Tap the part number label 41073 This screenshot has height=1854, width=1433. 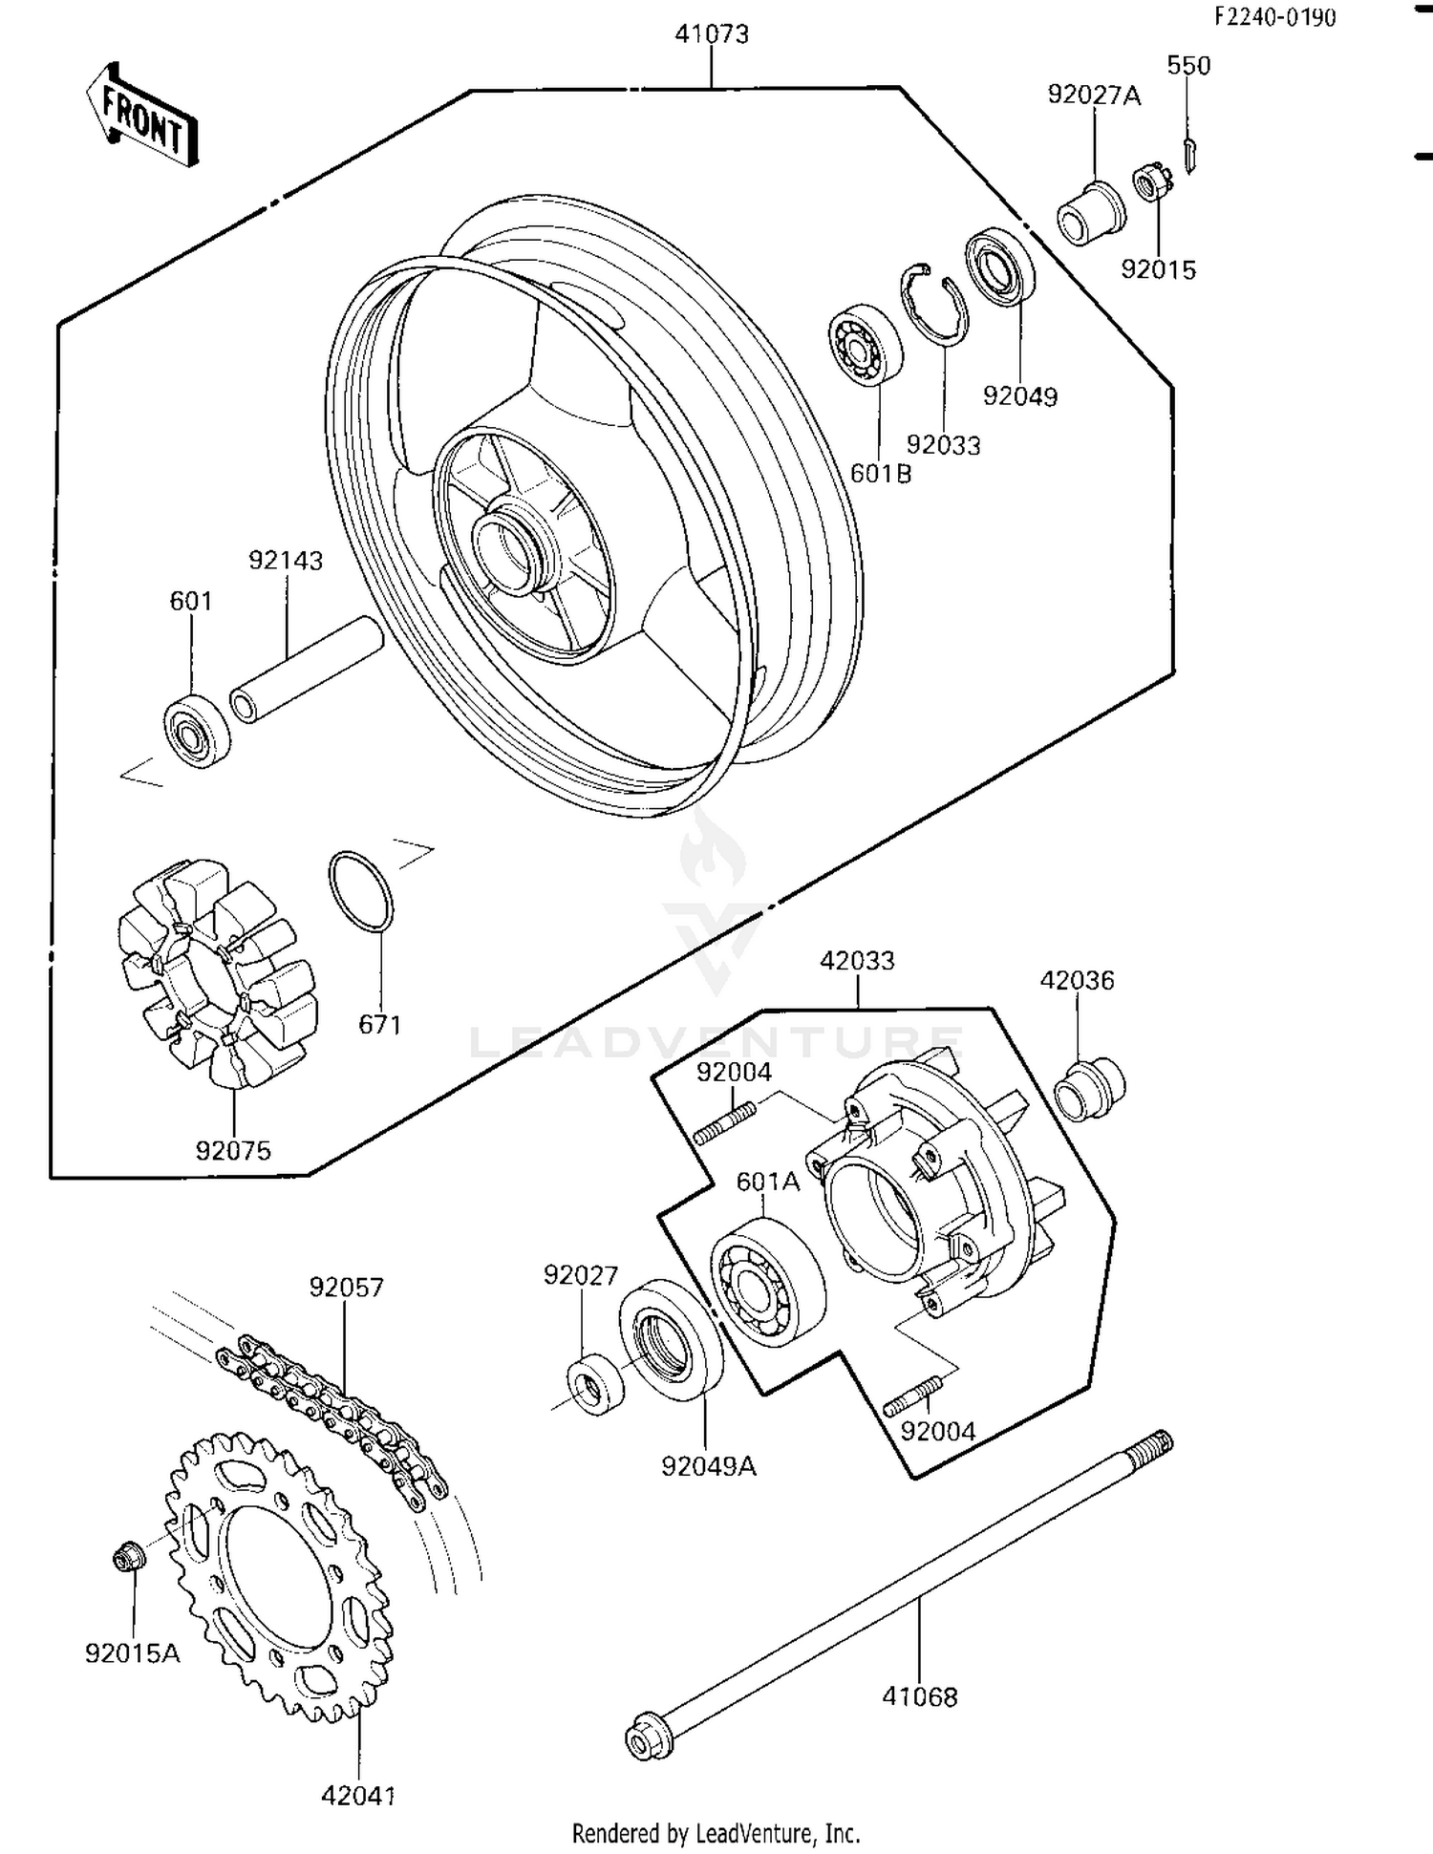coord(712,34)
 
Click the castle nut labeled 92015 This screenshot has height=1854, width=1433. coord(1152,182)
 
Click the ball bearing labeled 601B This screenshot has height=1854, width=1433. coord(865,346)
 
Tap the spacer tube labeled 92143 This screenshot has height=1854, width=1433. coord(306,671)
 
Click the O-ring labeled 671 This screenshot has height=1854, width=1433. coord(360,890)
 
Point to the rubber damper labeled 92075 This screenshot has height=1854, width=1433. coord(217,974)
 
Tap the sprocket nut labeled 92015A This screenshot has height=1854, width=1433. coord(128,1558)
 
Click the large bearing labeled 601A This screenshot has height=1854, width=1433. coord(767,1280)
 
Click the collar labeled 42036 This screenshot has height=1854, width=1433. coord(1089,1089)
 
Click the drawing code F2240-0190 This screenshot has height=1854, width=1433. coord(1274,17)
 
